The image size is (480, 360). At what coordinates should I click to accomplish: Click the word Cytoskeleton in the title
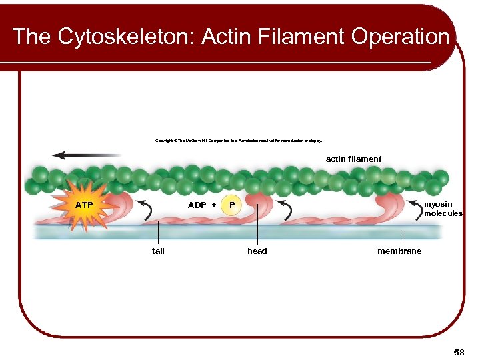coord(123,36)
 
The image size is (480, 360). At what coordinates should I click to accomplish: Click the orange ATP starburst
coord(84,205)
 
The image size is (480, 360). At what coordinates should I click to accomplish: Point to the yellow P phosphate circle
coord(231,205)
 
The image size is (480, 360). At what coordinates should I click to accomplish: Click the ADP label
coord(197,205)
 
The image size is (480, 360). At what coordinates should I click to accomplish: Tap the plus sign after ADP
coord(214,205)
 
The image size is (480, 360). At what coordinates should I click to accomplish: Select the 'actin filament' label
coord(353,159)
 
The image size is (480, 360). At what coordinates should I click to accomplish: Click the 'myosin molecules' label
coord(443,209)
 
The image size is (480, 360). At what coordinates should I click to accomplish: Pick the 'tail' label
coord(158,251)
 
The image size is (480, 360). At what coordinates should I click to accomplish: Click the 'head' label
coord(257,251)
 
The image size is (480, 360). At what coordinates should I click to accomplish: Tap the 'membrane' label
coord(399,251)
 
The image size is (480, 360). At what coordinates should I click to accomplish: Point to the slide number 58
coord(459,351)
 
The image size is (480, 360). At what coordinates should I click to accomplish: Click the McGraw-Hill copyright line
coord(239,141)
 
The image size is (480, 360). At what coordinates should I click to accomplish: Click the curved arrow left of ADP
coord(145,208)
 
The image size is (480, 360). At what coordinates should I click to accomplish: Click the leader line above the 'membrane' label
coord(402,236)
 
